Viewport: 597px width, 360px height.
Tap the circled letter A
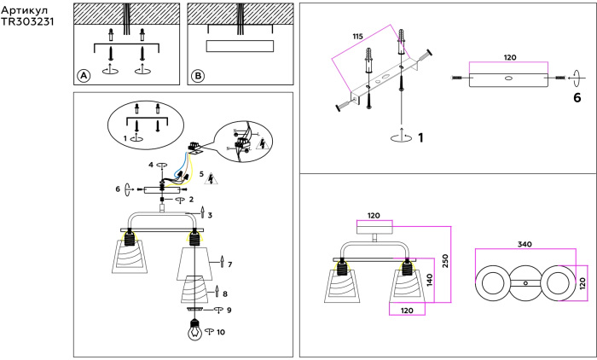(x=84, y=76)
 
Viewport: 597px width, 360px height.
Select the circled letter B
(x=197, y=76)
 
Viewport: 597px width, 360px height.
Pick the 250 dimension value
(x=446, y=259)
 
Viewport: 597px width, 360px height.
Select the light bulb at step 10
(x=194, y=333)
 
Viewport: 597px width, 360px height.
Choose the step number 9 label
(x=229, y=310)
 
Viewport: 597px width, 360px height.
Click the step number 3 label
(x=209, y=215)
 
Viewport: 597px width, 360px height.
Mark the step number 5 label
(x=201, y=175)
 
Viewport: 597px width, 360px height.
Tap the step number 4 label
(x=151, y=165)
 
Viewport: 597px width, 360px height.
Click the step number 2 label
(x=191, y=199)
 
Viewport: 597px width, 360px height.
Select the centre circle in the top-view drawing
(x=527, y=283)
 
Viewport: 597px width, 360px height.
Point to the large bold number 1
(x=420, y=136)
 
